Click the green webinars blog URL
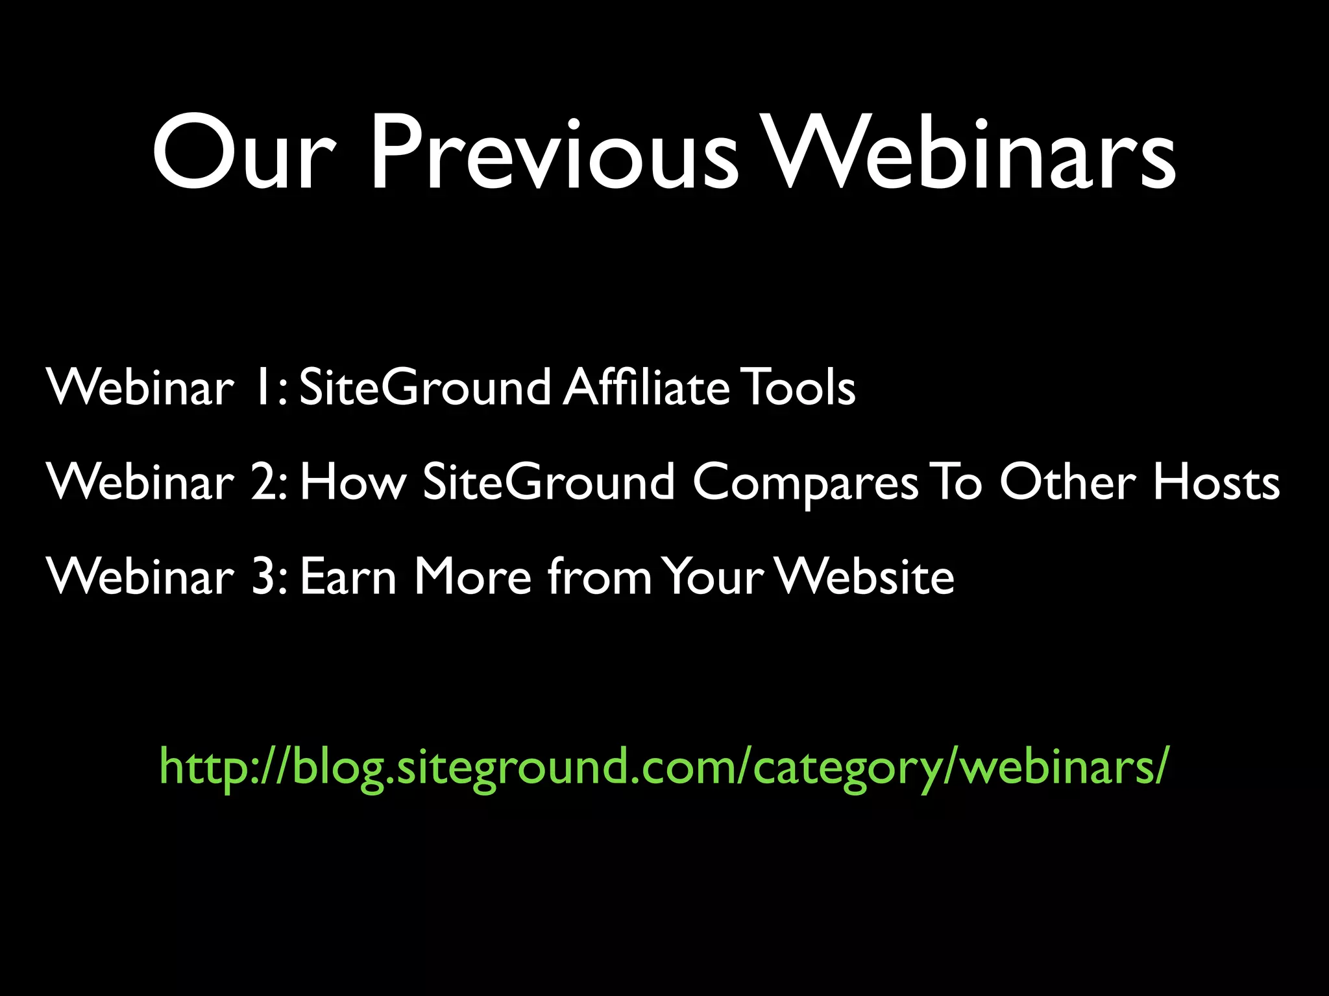[x=663, y=766]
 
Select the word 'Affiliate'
[x=646, y=387]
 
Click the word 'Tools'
[x=799, y=387]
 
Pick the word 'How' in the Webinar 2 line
[x=353, y=482]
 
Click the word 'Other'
[x=1067, y=482]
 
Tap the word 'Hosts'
[x=1217, y=482]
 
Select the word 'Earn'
[x=348, y=576]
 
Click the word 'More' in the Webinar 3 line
[x=473, y=576]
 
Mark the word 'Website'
[x=866, y=576]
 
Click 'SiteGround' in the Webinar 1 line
[x=425, y=387]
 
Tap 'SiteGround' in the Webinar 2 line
[x=548, y=482]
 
